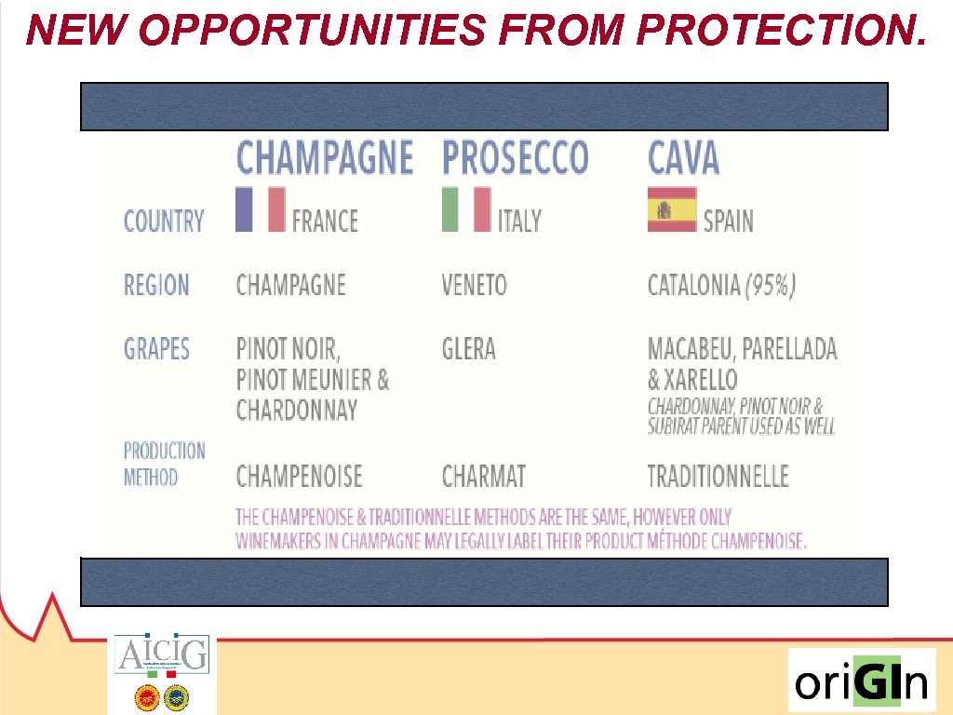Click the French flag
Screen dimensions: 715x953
[x=261, y=209]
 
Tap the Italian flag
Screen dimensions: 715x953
[x=466, y=209]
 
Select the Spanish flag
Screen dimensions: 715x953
[x=672, y=209]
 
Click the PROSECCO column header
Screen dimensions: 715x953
[x=515, y=157]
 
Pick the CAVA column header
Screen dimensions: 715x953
[x=683, y=157]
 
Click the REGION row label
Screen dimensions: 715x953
[x=156, y=285]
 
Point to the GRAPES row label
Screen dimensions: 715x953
[x=156, y=349]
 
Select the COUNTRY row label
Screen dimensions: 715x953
[x=164, y=222]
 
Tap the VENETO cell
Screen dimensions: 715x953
[x=474, y=285]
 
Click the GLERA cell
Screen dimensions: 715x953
[x=468, y=349]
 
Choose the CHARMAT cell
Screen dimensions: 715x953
[x=483, y=478]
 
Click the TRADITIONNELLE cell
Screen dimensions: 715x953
[x=718, y=478]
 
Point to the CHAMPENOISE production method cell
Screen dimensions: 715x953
[x=299, y=478]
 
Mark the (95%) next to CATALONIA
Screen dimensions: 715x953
[x=771, y=285]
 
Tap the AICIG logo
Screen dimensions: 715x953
[x=162, y=654]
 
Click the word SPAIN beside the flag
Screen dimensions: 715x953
[x=728, y=222]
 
